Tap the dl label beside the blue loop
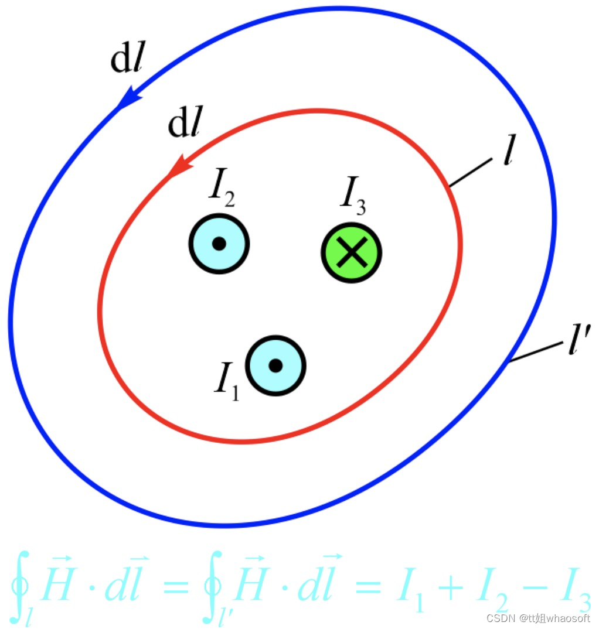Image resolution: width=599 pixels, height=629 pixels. (127, 61)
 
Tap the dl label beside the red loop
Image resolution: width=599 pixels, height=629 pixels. (185, 124)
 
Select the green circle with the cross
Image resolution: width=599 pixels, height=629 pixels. (352, 252)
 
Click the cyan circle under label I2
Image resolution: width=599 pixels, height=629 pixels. (219, 244)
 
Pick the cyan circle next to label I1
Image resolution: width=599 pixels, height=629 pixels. (275, 365)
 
